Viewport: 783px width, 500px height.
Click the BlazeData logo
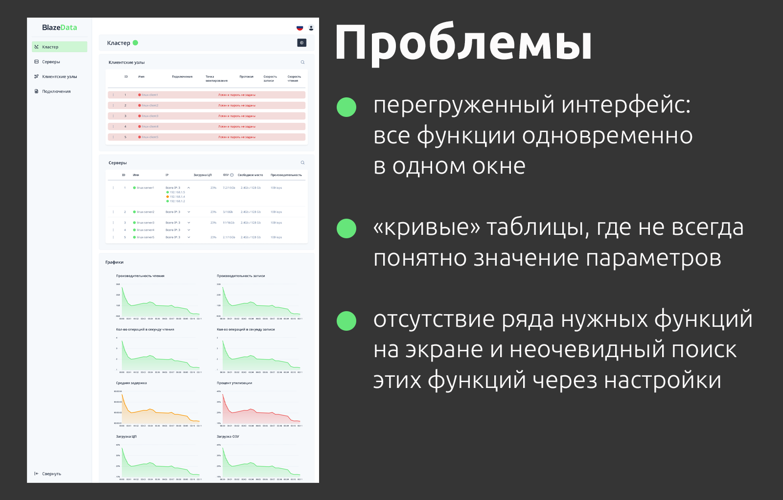click(x=59, y=27)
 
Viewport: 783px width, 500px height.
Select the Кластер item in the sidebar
click(x=50, y=47)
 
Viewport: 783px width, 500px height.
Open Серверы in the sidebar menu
click(x=51, y=62)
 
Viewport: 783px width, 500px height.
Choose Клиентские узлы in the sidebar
click(x=59, y=77)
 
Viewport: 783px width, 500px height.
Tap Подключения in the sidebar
click(x=56, y=91)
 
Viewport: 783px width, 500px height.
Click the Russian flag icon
click(x=299, y=28)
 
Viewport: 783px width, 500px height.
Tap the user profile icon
click(x=311, y=28)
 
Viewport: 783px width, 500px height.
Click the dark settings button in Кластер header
click(x=301, y=43)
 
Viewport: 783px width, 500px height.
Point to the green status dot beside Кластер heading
click(x=136, y=43)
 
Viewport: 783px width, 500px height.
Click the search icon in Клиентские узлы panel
click(x=302, y=62)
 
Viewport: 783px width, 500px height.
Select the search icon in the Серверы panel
click(x=302, y=162)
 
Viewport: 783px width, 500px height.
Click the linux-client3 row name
click(x=150, y=116)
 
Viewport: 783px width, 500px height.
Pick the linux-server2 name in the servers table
click(x=145, y=212)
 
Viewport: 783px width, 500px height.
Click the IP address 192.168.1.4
click(x=177, y=197)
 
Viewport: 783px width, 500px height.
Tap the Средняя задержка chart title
click(x=131, y=383)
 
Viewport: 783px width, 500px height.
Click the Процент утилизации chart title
click(x=234, y=383)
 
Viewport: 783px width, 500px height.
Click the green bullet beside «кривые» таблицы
click(x=346, y=228)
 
